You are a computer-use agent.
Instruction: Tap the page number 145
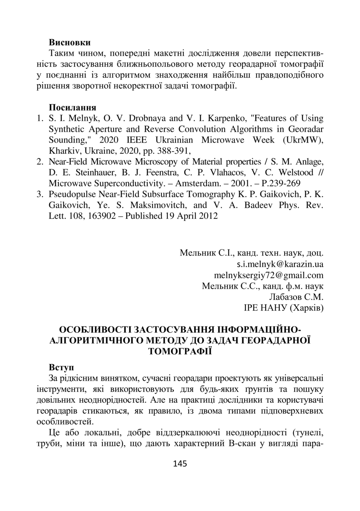coord(180,464)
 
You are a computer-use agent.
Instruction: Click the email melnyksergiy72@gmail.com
coord(269,275)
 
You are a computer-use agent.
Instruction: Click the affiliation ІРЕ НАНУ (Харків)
coord(284,307)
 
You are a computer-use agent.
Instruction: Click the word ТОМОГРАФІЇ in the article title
coord(180,351)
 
